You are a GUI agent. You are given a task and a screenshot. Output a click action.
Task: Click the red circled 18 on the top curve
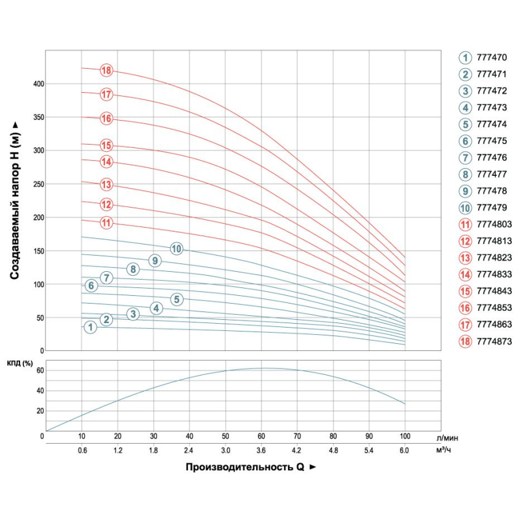pos(107,70)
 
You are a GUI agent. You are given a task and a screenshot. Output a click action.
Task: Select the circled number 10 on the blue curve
pos(176,248)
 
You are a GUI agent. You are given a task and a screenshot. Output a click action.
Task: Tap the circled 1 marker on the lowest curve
pos(90,328)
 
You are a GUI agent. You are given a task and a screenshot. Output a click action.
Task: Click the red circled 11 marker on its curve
pos(107,223)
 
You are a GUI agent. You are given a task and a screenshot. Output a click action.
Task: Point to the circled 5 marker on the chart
pos(177,299)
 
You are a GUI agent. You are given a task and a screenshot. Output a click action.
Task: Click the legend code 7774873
pos(494,341)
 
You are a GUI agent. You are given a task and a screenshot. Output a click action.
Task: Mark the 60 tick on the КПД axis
pos(39,370)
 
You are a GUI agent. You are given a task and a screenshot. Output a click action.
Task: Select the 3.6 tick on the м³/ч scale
pos(261,449)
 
